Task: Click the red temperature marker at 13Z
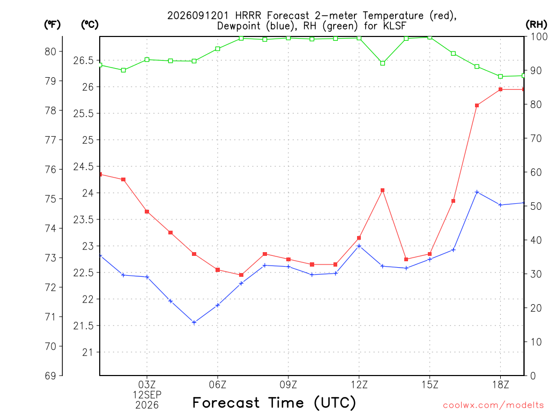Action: click(x=383, y=190)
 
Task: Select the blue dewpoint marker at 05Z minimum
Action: click(x=194, y=322)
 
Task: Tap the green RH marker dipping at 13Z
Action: click(x=383, y=63)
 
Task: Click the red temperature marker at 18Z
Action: click(x=500, y=90)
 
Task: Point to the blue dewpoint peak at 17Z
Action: click(x=477, y=193)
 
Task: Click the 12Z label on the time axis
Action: click(x=359, y=385)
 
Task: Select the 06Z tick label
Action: click(x=218, y=385)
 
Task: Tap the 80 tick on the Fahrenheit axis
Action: click(x=50, y=52)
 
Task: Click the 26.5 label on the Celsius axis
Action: click(x=83, y=61)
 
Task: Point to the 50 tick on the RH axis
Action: click(x=536, y=207)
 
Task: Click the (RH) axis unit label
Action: click(x=536, y=25)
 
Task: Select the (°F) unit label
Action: click(x=52, y=25)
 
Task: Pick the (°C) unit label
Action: click(x=90, y=25)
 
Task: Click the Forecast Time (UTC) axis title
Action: click(x=274, y=402)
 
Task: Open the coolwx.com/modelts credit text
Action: click(x=493, y=406)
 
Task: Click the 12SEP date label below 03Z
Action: click(x=147, y=395)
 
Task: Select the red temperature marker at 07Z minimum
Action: click(x=241, y=275)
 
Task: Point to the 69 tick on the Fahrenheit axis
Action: click(x=50, y=376)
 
